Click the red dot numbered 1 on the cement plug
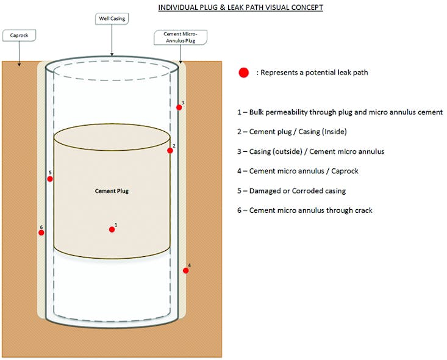(112, 229)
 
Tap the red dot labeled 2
(170, 150)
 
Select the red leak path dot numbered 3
(179, 107)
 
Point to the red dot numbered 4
(185, 270)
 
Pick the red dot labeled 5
(50, 179)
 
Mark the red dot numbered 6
(41, 232)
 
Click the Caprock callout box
(19, 36)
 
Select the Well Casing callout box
(112, 20)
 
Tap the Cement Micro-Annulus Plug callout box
(180, 38)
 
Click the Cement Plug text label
(112, 191)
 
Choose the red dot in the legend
(244, 73)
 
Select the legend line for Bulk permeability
(340, 112)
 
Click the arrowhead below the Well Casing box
(112, 54)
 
